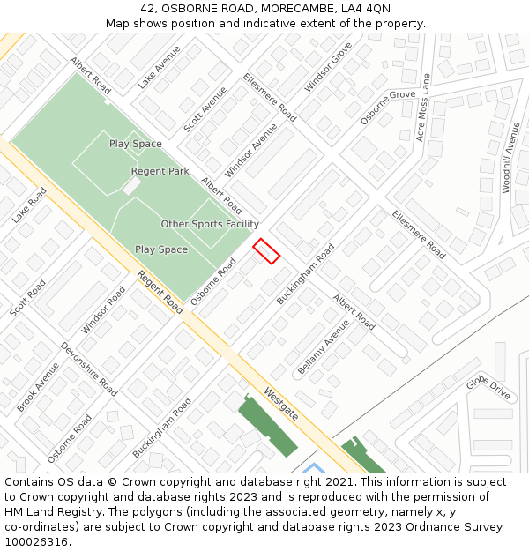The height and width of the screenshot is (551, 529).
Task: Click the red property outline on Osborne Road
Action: coord(266,251)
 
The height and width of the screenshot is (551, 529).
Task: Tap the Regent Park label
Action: coord(160,171)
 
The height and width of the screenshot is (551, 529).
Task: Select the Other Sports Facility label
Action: coord(210,224)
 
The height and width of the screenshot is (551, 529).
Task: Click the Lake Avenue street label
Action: coord(159,67)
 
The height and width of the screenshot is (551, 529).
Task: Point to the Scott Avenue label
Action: coord(205,109)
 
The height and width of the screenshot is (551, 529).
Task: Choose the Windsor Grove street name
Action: coord(328,67)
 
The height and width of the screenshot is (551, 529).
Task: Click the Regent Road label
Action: coord(160,292)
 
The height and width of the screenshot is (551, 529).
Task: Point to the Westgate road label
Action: coord(280,403)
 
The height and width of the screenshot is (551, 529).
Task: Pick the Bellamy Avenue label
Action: coord(324,346)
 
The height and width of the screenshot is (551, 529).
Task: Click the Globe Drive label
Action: coord(488,387)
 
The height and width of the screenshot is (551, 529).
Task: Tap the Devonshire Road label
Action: coord(88,369)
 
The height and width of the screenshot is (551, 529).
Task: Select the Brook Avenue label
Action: coord(38,386)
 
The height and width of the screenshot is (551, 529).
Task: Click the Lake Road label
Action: coord(29,205)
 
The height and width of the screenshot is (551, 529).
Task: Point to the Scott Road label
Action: coord(27,299)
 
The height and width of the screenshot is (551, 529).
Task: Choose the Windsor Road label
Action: coord(103,309)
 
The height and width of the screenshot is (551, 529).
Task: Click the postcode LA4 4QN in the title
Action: coord(365,9)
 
